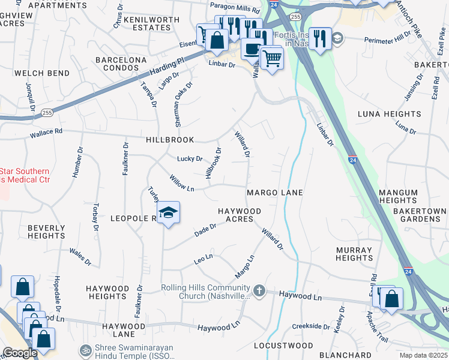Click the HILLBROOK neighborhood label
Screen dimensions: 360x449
(x=170, y=140)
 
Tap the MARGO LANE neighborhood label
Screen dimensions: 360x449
(x=274, y=193)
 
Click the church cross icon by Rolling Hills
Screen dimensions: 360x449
(x=259, y=291)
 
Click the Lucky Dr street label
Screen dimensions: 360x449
(x=190, y=159)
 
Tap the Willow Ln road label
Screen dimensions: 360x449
(x=182, y=183)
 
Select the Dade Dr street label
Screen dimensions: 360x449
(x=205, y=230)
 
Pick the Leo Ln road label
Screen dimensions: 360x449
(x=203, y=259)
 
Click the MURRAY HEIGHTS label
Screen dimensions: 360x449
(x=354, y=254)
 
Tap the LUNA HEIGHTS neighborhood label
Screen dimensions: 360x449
(x=389, y=114)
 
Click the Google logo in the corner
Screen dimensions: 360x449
(x=20, y=353)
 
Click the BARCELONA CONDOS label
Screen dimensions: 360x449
(x=121, y=65)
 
